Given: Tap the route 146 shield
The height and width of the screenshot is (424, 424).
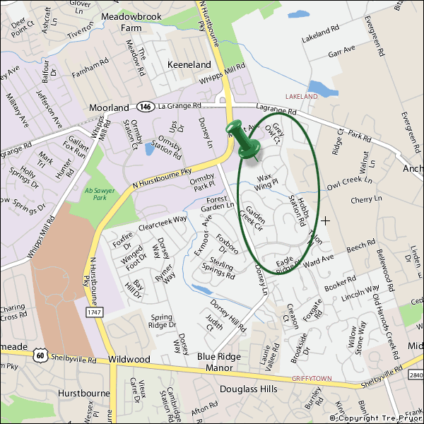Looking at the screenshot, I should (145, 107).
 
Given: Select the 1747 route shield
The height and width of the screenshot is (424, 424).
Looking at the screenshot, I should (95, 312).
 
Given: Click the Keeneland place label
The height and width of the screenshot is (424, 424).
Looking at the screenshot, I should (189, 64).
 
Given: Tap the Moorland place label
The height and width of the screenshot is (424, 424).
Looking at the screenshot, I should (109, 107).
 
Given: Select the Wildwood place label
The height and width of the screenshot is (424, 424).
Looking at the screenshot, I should (130, 360).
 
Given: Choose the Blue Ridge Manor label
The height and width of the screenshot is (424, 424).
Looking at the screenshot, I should (220, 362).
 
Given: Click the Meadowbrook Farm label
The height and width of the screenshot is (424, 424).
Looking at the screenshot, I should (122, 20).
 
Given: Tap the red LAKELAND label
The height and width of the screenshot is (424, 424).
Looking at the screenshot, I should (302, 95).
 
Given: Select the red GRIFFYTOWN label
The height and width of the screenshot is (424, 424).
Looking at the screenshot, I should (311, 379).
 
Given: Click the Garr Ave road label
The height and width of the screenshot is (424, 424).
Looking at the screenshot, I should (341, 51).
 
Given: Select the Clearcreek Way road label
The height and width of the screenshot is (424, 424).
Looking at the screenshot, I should (163, 223).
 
